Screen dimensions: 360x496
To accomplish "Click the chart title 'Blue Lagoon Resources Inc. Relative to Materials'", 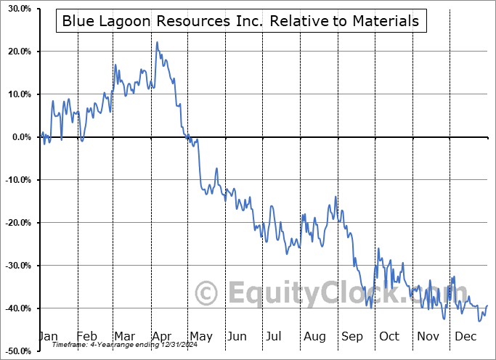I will pos(240,21).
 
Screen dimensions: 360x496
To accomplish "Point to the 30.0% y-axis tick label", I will pos(16,9).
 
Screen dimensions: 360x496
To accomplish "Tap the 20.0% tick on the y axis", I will pos(16,52).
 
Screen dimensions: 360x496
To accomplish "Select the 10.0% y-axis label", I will pos(16,95).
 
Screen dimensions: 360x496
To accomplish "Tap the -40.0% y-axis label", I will pos(15,309).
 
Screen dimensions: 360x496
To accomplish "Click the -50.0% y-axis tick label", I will pos(15,351).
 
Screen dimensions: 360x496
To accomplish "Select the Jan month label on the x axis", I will pos(48,337).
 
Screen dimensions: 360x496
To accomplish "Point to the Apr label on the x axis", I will pos(162,337).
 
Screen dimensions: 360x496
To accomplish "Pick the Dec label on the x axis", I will pos(465,337).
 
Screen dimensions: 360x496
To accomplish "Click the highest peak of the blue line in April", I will pos(157,42).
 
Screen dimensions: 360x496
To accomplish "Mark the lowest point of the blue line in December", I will pos(479,321).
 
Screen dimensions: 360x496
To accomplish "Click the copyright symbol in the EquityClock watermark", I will pos(207,293).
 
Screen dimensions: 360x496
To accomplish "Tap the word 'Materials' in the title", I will pos(383,21).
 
